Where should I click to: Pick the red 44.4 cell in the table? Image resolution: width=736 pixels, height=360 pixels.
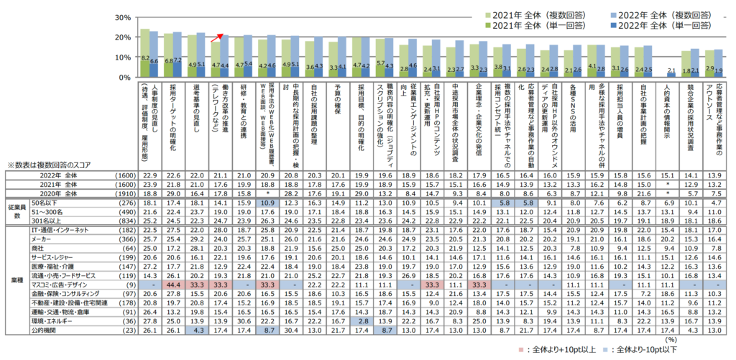coord(172,285)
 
